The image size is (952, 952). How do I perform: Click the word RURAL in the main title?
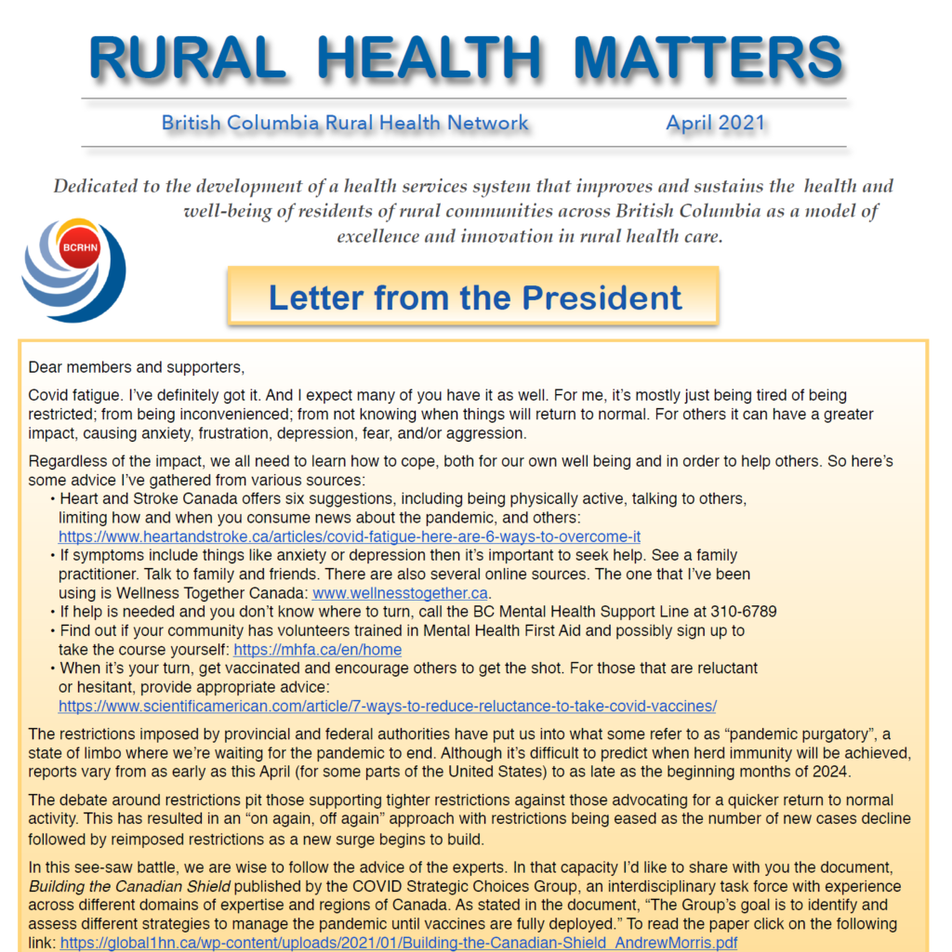187,58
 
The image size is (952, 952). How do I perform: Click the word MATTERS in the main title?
708,58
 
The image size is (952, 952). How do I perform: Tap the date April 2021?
715,123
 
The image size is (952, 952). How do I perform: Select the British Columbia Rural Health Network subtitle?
345,123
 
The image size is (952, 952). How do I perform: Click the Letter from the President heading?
474,297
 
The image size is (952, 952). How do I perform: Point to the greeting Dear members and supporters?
136,367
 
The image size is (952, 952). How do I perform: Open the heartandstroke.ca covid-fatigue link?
349,536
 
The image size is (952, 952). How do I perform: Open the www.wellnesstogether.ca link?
400,592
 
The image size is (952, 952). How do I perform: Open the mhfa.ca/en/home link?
317,650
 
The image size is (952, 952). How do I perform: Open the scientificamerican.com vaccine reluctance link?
387,706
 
